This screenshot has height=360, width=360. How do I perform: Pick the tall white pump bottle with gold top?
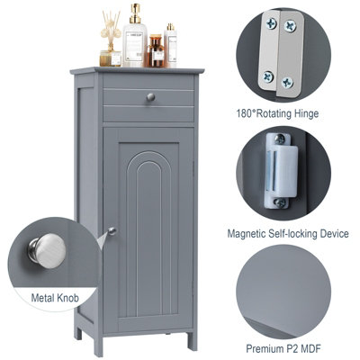137,39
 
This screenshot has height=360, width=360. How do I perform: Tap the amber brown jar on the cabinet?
155,54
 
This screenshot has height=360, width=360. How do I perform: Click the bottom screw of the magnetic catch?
277,195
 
